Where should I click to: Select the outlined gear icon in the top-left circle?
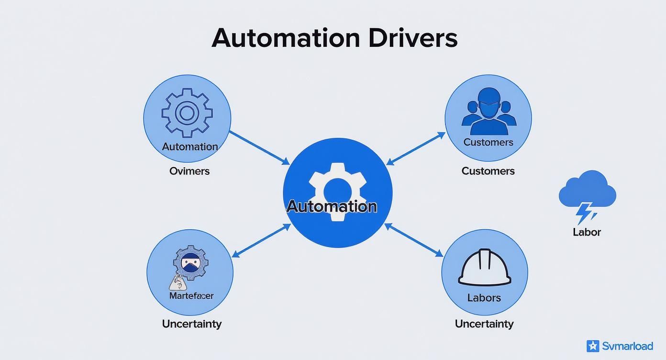[x=187, y=113]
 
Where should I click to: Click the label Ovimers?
[x=189, y=171]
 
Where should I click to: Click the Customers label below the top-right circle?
[x=488, y=171]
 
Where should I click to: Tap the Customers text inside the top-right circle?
[x=488, y=142]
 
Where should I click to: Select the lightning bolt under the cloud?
[x=585, y=213]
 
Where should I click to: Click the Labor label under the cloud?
[x=587, y=232]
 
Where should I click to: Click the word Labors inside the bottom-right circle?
[x=484, y=298]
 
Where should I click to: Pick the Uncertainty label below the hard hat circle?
[x=484, y=324]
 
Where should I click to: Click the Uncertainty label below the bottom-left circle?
[x=191, y=324]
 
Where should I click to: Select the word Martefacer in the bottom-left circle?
[x=191, y=296]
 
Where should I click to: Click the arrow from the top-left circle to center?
[x=259, y=147]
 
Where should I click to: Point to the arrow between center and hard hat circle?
[x=414, y=240]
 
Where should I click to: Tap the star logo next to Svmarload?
[x=593, y=346]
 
